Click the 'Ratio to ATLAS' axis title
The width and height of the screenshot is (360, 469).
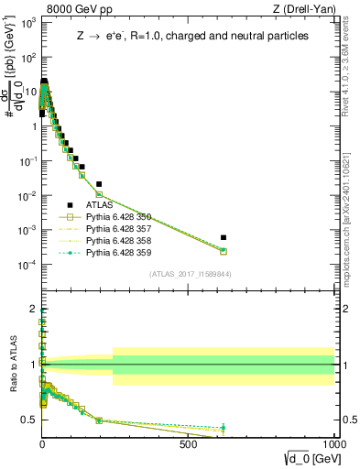pyautogui.click(x=12, y=365)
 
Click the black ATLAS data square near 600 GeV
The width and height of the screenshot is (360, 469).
pyautogui.click(x=224, y=237)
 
